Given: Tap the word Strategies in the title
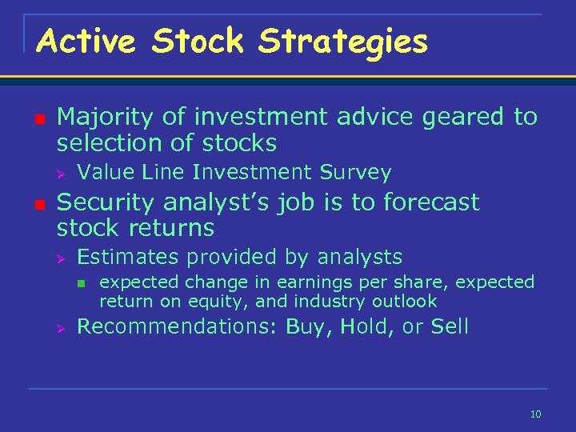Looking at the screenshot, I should (342, 41).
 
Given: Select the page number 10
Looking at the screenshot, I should (535, 414).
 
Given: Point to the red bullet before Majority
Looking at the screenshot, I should (38, 118).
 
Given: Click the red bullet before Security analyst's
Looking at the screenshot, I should (38, 203).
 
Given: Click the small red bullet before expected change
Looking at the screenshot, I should (81, 282).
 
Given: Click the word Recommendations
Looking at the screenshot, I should (174, 326).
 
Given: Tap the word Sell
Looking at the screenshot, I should (450, 326).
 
